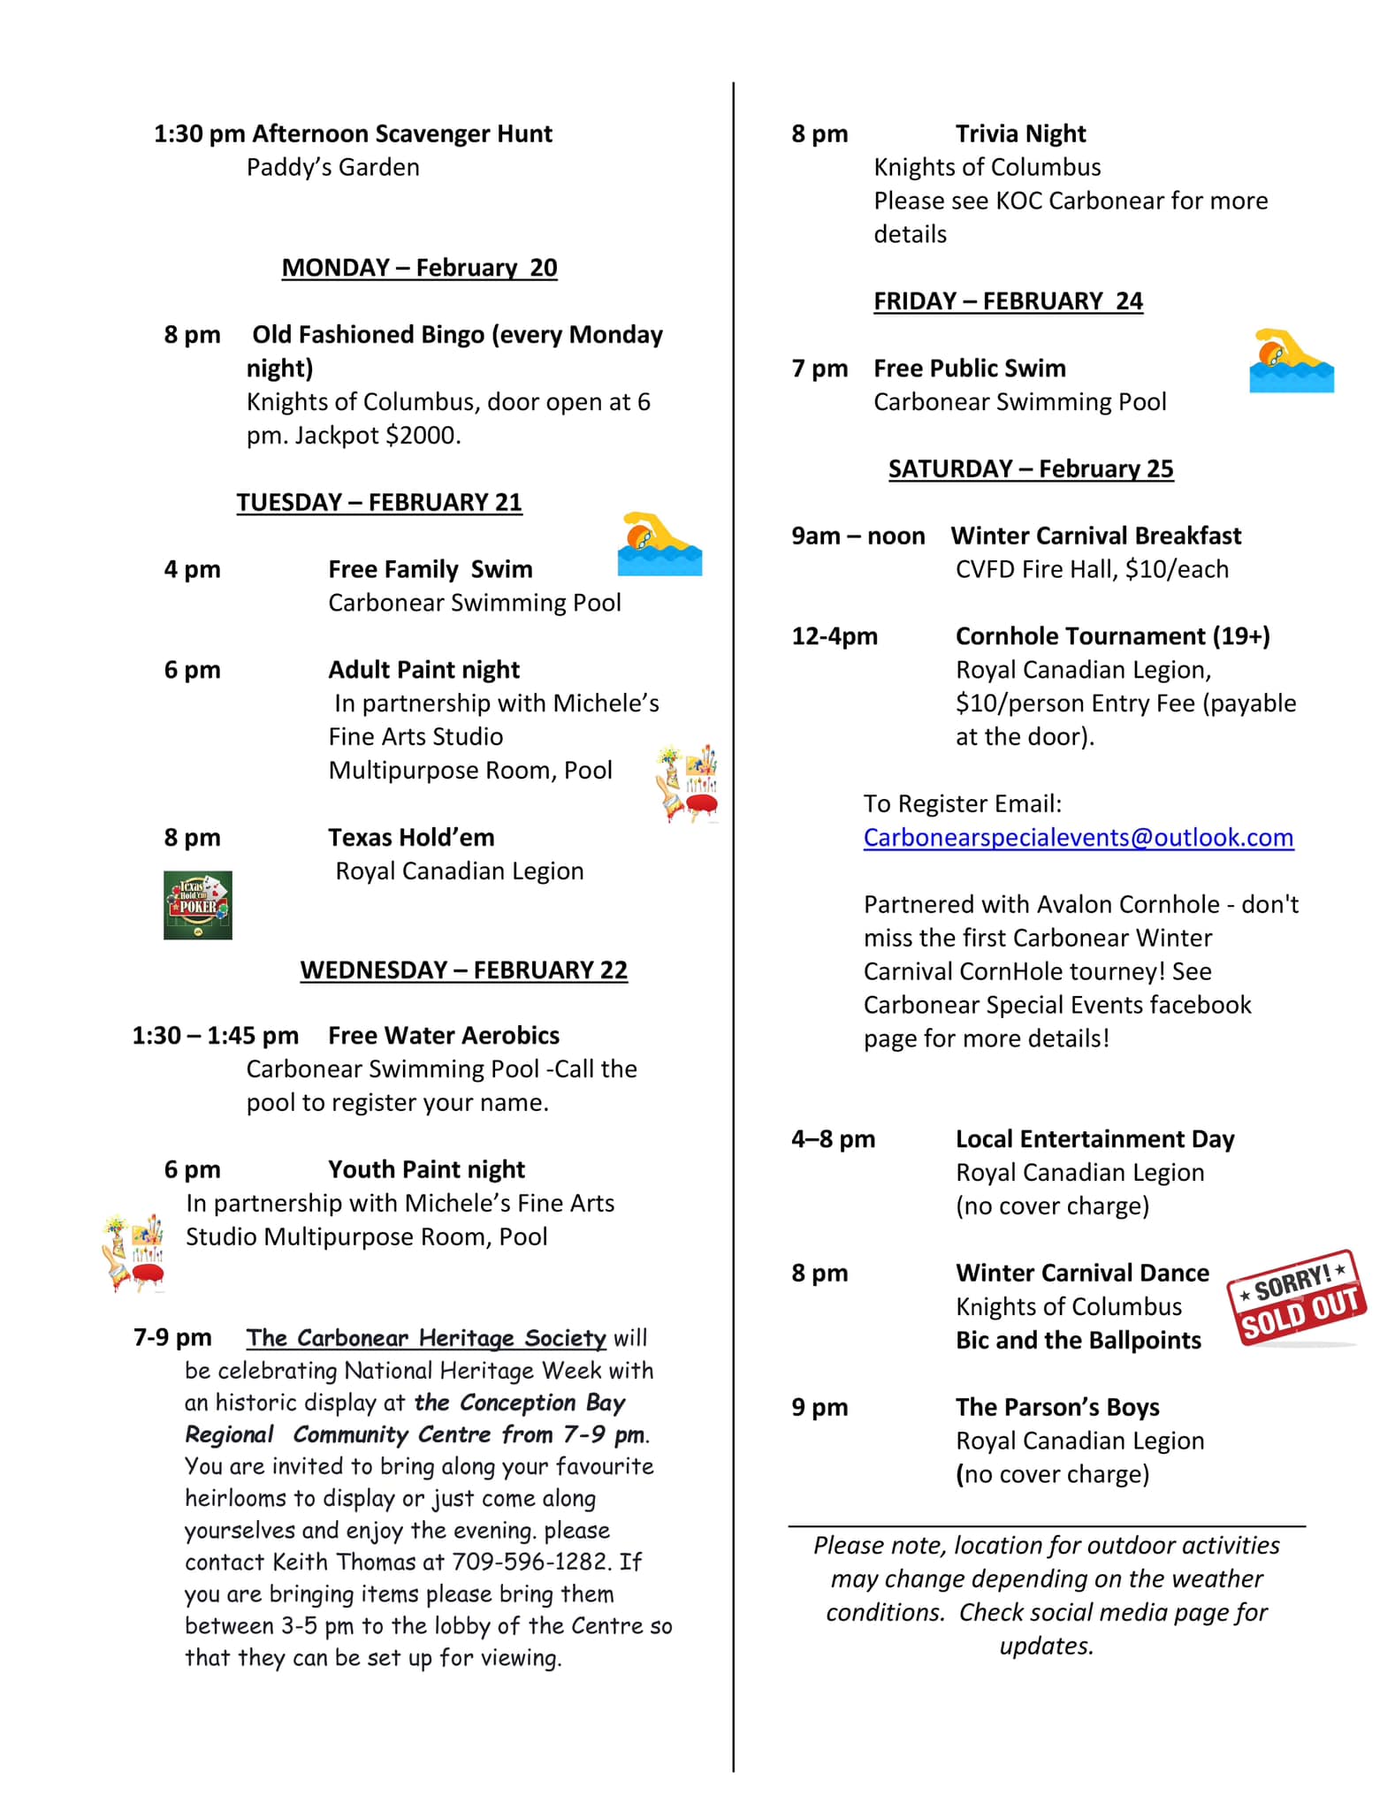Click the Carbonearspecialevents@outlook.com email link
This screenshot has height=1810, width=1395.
(1078, 837)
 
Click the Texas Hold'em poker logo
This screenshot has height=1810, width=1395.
(197, 904)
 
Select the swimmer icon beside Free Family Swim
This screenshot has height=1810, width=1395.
(659, 544)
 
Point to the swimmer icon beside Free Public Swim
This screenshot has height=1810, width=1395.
(1291, 361)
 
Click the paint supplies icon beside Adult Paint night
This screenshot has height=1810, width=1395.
(687, 783)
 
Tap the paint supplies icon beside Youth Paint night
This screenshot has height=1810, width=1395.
(133, 1252)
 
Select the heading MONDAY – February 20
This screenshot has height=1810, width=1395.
(419, 268)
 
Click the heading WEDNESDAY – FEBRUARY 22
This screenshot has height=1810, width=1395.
(463, 970)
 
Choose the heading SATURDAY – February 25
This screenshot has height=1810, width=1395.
(1031, 468)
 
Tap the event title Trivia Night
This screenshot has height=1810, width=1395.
(1020, 133)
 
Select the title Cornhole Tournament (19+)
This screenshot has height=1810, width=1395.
(1112, 636)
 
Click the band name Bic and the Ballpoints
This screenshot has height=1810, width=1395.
(1078, 1340)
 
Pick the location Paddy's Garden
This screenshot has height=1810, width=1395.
(332, 167)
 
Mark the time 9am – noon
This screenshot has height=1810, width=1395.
(858, 536)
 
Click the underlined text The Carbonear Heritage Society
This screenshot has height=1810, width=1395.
(425, 1337)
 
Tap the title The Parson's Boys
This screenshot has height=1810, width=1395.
(1056, 1407)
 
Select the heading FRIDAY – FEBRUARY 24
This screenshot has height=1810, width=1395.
(1008, 301)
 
